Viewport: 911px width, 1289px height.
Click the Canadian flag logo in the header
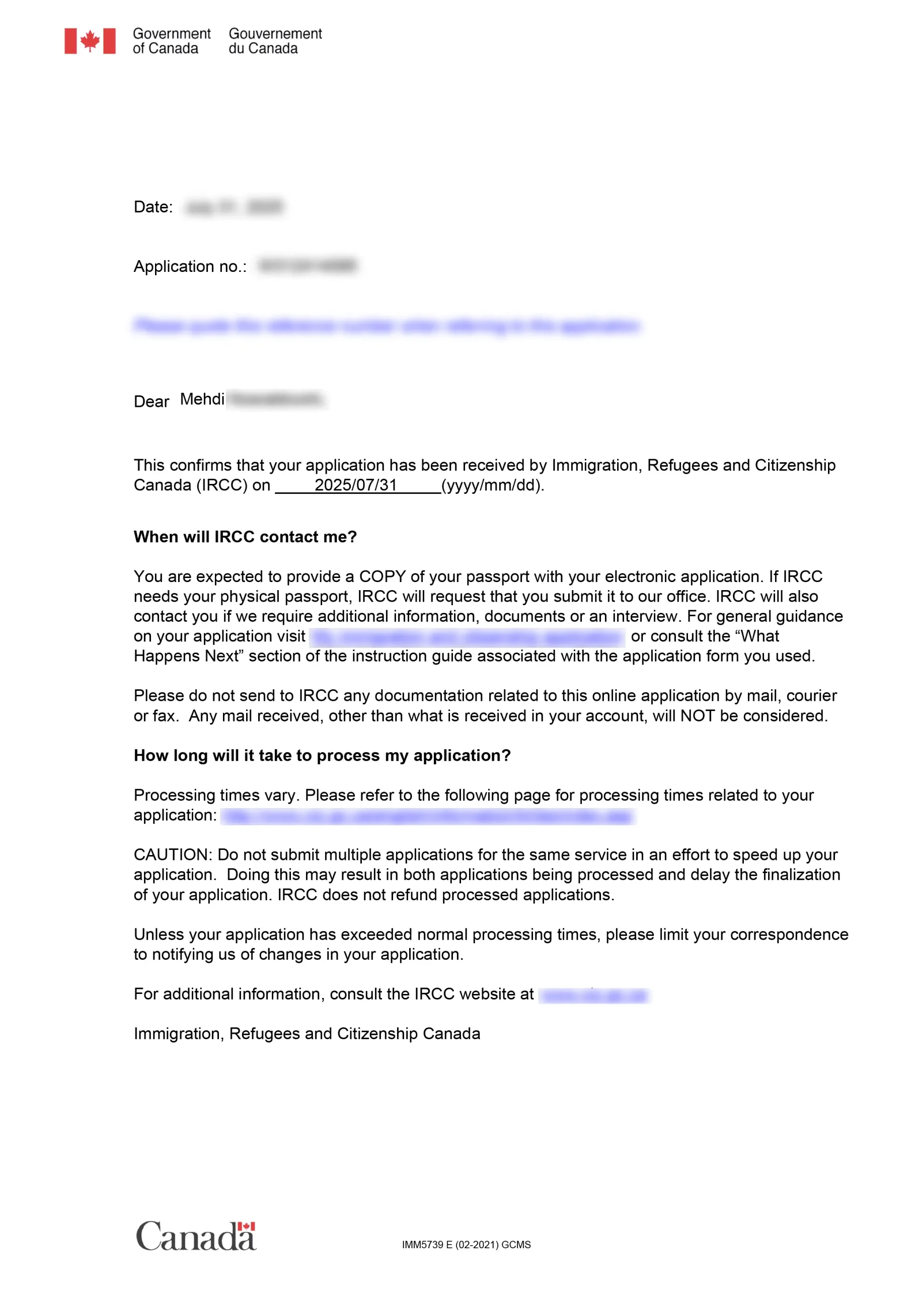click(90, 41)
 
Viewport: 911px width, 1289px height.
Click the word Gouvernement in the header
click(275, 34)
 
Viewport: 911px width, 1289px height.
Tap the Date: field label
click(153, 207)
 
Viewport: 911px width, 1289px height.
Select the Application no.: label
click(190, 267)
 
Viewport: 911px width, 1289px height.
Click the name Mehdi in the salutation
click(202, 399)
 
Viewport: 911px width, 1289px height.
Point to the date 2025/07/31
click(355, 485)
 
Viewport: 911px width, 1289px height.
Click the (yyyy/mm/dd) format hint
click(492, 485)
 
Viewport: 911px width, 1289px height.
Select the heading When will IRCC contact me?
click(245, 537)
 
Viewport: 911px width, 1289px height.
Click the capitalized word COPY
click(382, 577)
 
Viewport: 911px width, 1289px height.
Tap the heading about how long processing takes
click(322, 756)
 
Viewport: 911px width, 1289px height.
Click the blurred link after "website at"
click(594, 995)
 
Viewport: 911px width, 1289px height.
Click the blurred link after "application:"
click(427, 816)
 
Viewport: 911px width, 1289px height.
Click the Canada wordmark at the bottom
click(196, 1236)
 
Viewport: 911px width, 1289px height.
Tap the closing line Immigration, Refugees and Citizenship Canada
click(307, 1034)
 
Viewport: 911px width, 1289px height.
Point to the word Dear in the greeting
click(151, 401)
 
